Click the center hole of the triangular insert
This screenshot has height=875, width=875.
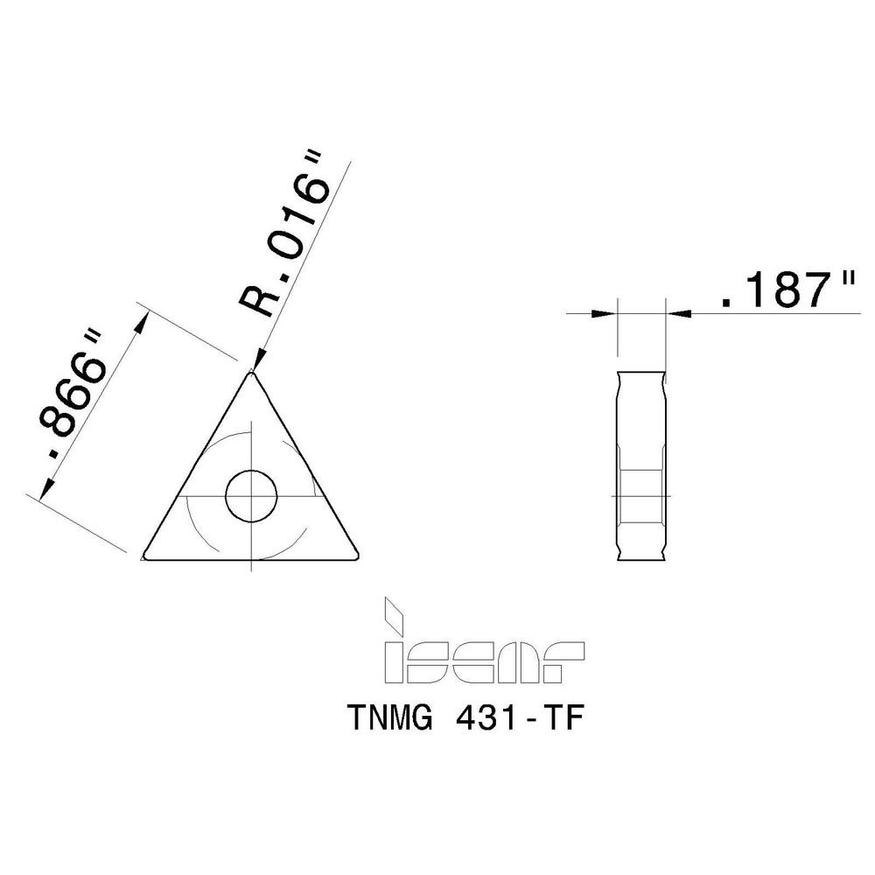tap(251, 496)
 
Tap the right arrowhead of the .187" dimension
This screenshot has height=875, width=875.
tap(677, 311)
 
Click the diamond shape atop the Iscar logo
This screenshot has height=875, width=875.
tap(395, 612)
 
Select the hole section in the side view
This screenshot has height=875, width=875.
tap(641, 496)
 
